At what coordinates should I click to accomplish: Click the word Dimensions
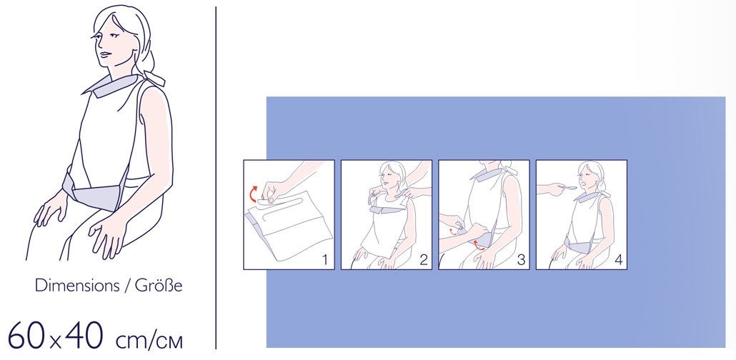point(76,286)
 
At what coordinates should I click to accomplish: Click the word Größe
point(158,286)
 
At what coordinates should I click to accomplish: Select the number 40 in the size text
point(85,335)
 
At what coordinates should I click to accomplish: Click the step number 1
point(325,259)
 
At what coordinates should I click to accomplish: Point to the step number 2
point(424,259)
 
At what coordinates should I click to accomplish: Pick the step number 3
point(520,259)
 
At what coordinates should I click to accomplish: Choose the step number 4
point(619,259)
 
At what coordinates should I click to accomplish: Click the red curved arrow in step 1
point(253,192)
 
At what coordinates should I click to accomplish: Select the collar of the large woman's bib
point(113,86)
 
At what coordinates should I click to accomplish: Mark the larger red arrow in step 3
point(478,244)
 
